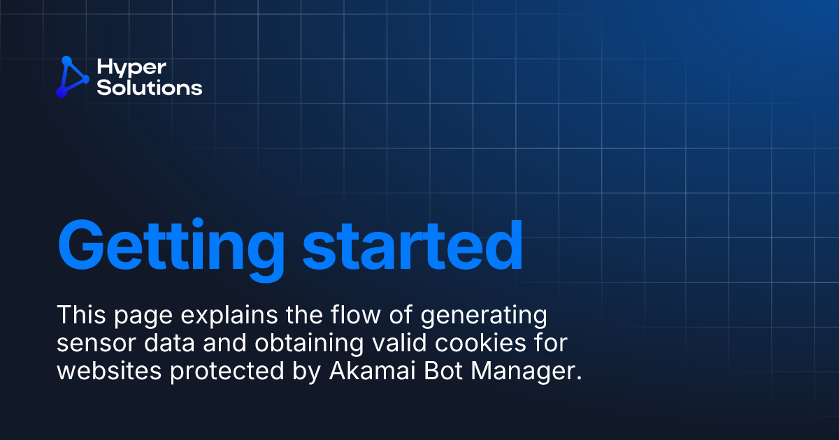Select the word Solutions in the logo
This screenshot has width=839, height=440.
(x=150, y=88)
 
